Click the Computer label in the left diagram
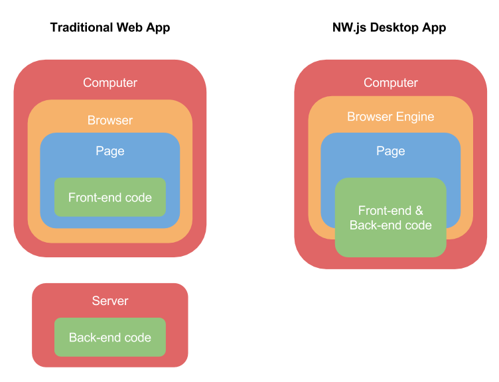(x=110, y=83)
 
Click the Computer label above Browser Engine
(x=391, y=83)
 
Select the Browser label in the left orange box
(x=110, y=121)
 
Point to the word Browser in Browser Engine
(x=368, y=117)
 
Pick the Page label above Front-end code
(x=110, y=151)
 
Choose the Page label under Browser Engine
(x=391, y=151)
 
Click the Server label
(x=110, y=301)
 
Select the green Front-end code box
(x=110, y=197)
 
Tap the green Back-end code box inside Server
(x=110, y=338)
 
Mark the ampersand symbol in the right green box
(x=419, y=211)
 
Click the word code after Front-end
(x=138, y=198)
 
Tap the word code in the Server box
(x=138, y=338)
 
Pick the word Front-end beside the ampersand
(x=385, y=211)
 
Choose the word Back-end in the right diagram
(x=376, y=225)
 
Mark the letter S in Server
(x=96, y=301)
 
